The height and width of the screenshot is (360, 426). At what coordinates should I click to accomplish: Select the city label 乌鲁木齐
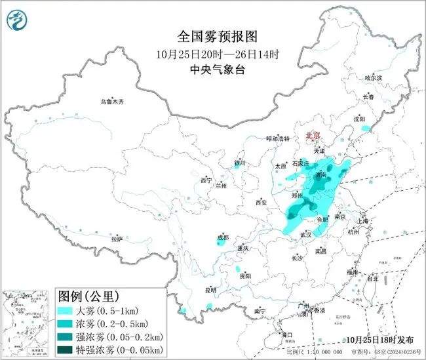click(111, 102)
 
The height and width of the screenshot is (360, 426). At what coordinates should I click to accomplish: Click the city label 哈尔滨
click(373, 77)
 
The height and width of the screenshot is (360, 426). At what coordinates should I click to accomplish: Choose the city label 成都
click(222, 237)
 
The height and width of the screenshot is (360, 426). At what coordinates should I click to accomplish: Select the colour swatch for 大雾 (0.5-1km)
click(67, 311)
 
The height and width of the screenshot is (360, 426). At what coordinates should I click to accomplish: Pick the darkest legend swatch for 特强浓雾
click(67, 350)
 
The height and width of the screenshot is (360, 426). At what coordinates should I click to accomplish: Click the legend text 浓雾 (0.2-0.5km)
click(112, 324)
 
